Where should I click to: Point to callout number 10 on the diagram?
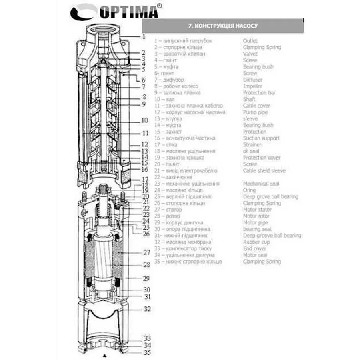pyautogui.click(x=144, y=120)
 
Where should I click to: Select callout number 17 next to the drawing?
pyautogui.click(x=145, y=179)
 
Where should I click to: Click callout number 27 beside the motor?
pyautogui.click(x=146, y=253)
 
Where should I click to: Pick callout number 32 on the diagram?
pyautogui.click(x=147, y=309)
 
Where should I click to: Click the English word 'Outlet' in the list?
pyautogui.click(x=250, y=41)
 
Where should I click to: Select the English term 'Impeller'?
pyautogui.click(x=253, y=86)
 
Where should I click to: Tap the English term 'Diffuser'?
pyautogui.click(x=253, y=80)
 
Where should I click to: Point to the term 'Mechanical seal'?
pyautogui.click(x=261, y=184)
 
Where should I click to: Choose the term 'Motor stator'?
pyautogui.click(x=257, y=210)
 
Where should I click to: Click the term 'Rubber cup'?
pyautogui.click(x=256, y=242)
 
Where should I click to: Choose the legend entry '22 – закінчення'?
pyautogui.click(x=173, y=177)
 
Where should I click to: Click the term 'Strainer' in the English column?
pyautogui.click(x=252, y=144)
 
